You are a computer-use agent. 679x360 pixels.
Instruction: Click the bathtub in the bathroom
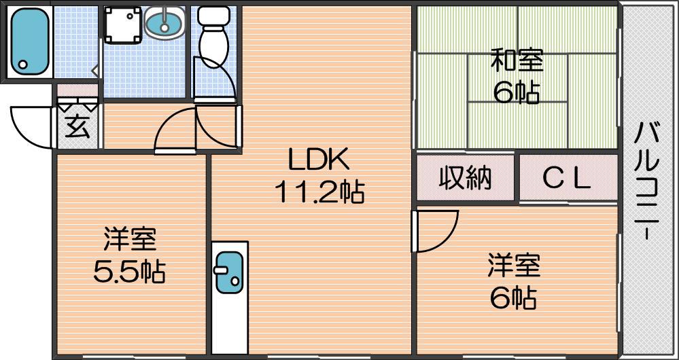[29, 41]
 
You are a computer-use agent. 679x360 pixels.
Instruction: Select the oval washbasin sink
[164, 23]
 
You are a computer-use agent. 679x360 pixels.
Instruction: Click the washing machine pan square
[124, 24]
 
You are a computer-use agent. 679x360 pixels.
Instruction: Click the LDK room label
[319, 160]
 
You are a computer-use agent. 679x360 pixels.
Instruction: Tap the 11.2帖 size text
[319, 192]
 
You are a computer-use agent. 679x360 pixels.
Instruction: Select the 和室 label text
[517, 61]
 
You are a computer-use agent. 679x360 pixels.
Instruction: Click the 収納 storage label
[466, 178]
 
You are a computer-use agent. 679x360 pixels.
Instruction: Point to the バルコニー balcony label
[646, 180]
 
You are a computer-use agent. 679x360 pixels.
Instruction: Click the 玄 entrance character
[78, 127]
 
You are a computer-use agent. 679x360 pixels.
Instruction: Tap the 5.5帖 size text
[129, 272]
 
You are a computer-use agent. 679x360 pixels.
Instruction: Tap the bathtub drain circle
[22, 65]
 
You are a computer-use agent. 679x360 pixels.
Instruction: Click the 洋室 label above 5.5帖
[129, 240]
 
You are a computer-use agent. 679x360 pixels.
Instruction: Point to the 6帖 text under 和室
[517, 92]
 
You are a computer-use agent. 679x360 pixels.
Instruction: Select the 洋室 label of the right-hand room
[514, 266]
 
